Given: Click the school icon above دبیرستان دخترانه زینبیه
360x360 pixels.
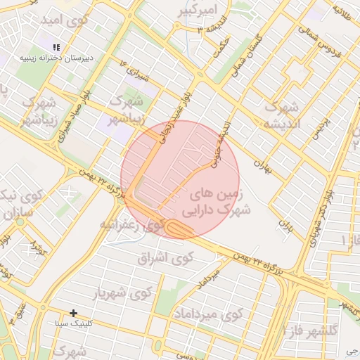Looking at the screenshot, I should point(57,46).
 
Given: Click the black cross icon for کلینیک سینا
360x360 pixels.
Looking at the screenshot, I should point(73,313).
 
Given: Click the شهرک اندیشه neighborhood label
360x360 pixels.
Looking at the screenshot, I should point(281,116).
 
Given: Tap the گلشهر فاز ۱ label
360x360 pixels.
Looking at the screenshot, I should point(309,329).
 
